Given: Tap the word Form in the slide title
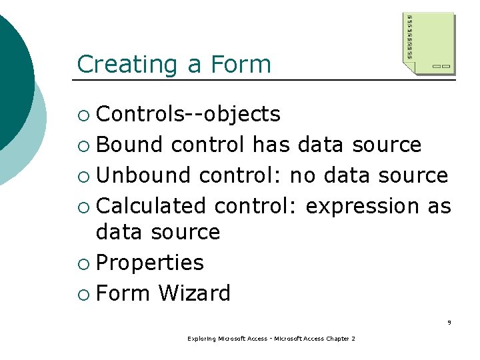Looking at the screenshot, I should click(241, 65).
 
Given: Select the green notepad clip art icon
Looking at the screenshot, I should click(429, 41).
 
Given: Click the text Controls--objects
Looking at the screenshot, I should click(188, 115).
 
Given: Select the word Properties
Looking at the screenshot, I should click(150, 263).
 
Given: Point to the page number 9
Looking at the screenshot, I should click(449, 323).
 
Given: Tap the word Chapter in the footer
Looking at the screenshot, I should click(337, 339).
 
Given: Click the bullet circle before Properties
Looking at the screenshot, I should click(83, 263).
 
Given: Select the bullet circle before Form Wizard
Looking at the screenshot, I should click(83, 294).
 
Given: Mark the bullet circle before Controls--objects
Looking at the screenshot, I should click(83, 115).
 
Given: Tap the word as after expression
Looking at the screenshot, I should click(439, 206).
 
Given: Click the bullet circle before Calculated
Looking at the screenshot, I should click(83, 207).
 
